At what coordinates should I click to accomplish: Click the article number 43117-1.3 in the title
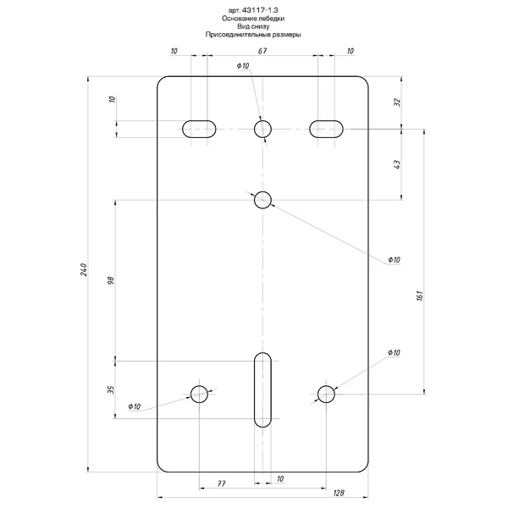coord(260,10)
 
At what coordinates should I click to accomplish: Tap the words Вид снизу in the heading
coord(253,26)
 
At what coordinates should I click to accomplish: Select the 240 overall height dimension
coord(84,269)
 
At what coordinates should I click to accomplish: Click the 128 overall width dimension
coord(338,493)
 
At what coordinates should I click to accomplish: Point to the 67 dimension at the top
coord(262,51)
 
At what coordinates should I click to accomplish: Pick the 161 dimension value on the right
coord(420,295)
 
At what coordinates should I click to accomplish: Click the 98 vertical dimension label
coord(111,280)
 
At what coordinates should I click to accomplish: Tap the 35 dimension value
coord(111,389)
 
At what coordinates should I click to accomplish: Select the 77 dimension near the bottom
coord(221,483)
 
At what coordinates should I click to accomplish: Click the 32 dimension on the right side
coord(397,102)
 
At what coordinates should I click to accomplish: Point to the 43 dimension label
coord(397,164)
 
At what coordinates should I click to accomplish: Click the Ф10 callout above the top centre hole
coord(243,66)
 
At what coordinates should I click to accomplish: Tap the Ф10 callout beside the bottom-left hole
coord(135,406)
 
